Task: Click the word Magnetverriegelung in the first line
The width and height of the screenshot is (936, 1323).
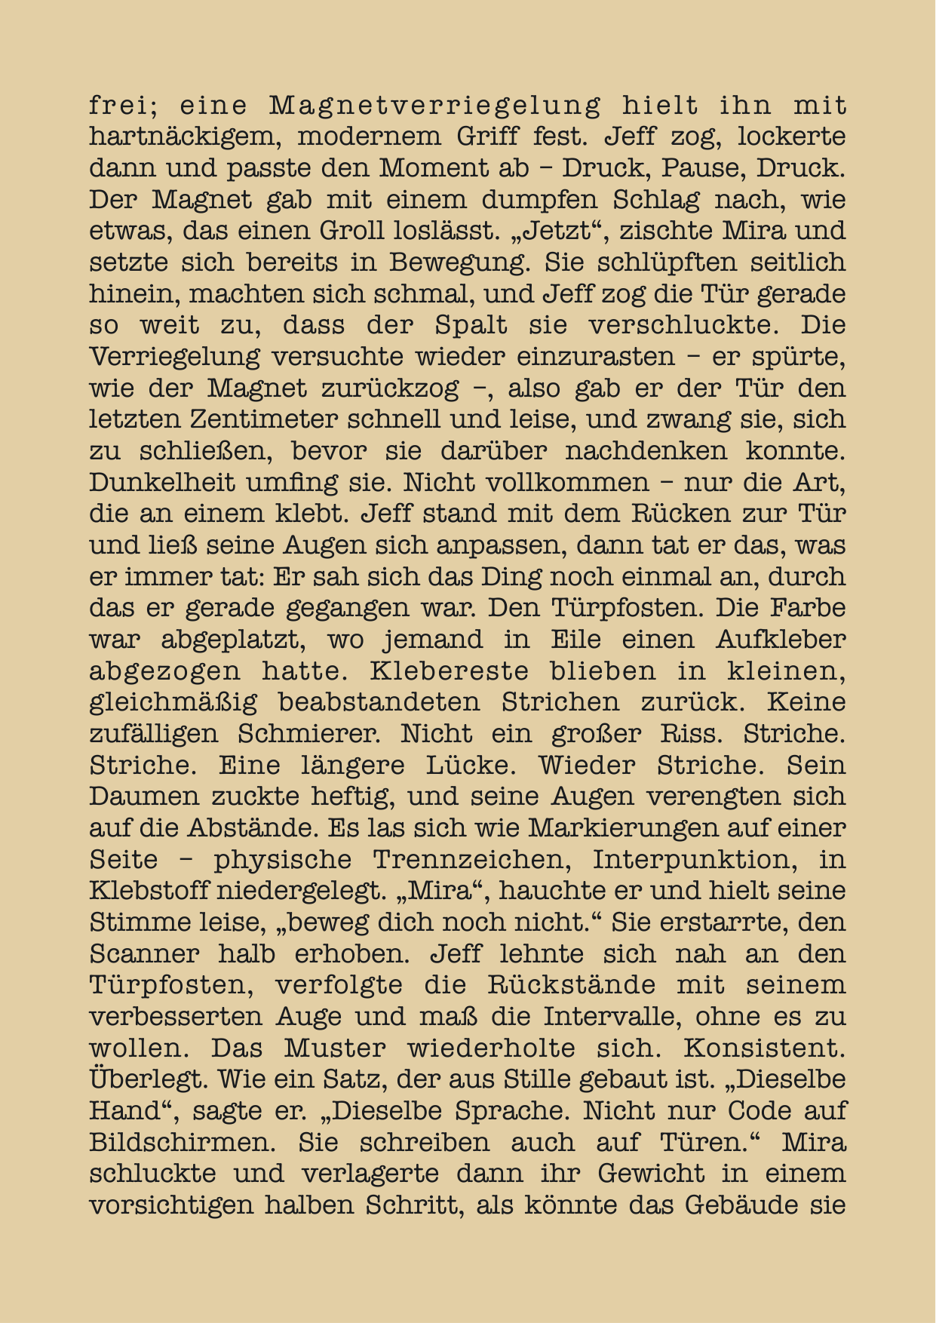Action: [x=436, y=106]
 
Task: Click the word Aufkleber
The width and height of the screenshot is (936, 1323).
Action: [x=781, y=640]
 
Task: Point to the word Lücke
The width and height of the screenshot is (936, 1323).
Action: [x=471, y=765]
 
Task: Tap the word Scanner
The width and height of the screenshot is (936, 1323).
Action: [x=144, y=954]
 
